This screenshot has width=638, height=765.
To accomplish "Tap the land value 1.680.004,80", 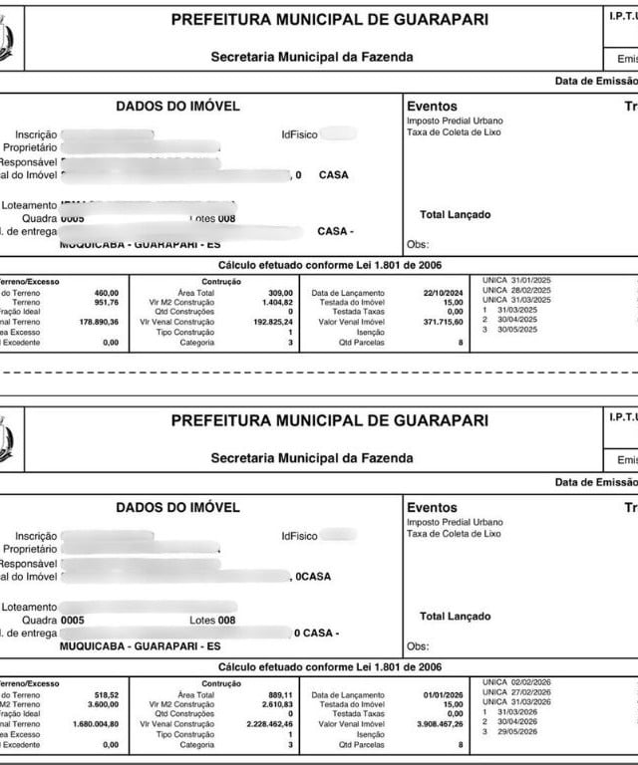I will click(x=96, y=724).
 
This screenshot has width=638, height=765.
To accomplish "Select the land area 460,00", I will click(x=107, y=293).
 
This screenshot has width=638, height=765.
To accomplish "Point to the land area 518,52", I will click(x=107, y=694).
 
